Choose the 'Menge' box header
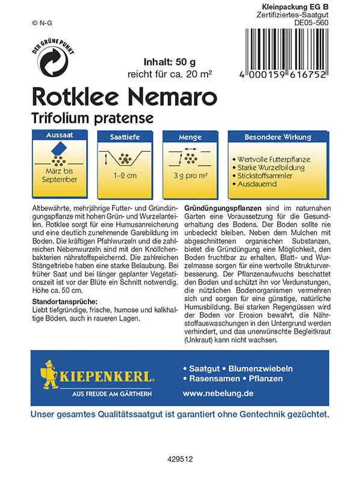[190, 137]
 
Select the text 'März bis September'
[61, 175]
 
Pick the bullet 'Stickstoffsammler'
[265, 175]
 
